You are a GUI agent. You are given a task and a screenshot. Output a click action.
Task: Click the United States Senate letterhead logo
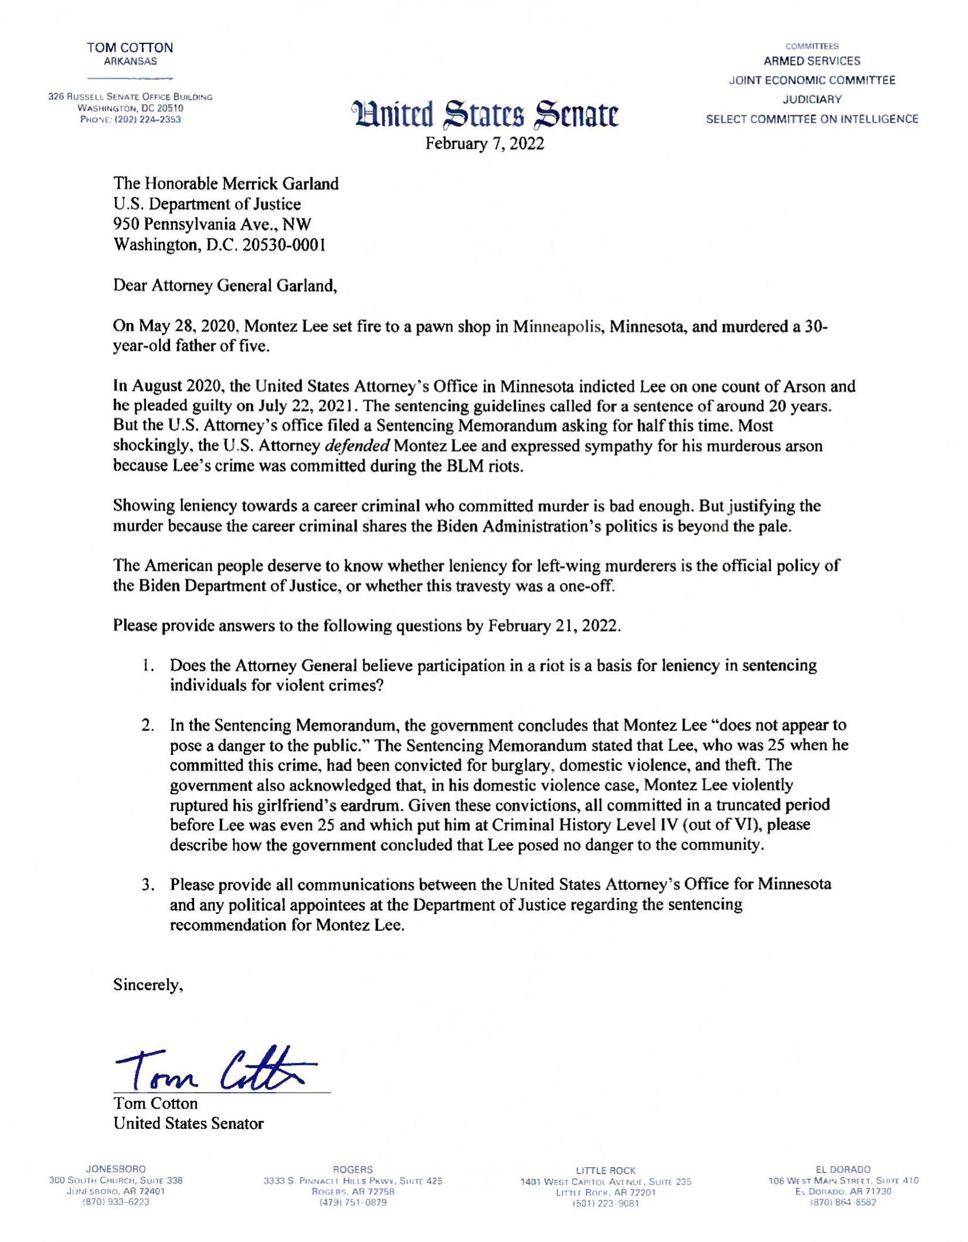(485, 114)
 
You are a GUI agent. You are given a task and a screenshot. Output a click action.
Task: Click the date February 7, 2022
(485, 144)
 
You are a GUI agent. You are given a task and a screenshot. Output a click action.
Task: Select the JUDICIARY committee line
(812, 100)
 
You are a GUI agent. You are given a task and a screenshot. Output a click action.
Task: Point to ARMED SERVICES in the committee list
(812, 61)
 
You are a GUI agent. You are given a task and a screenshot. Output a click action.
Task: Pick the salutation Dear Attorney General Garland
(225, 285)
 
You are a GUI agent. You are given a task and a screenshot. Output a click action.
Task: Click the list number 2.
(148, 725)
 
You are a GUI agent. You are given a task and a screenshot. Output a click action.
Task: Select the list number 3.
(148, 884)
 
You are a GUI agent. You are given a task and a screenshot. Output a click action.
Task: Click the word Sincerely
(148, 985)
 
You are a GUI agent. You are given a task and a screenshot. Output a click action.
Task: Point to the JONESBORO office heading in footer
(116, 1169)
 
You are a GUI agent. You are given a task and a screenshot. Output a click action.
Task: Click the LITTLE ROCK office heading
(605, 1171)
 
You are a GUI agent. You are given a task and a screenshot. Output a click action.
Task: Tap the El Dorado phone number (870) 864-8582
(843, 1203)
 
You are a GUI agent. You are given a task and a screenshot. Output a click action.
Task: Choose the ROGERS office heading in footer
(353, 1170)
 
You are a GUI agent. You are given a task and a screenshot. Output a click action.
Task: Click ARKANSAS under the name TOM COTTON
(130, 62)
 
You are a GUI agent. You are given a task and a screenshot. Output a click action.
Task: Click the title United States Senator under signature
(188, 1124)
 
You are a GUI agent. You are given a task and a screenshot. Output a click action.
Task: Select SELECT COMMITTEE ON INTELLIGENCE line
(812, 120)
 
